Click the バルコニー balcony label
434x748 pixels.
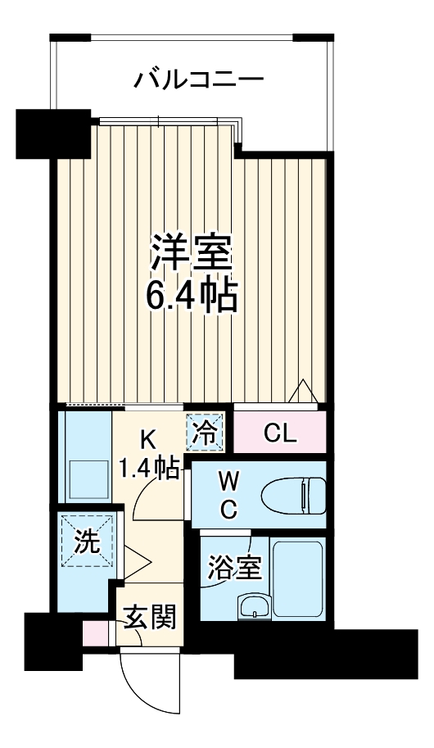coord(199,80)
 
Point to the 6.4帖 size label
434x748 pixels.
coord(192,296)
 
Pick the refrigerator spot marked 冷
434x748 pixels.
coord(205,433)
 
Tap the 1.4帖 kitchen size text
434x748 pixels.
coord(149,469)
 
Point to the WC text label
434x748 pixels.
coord(228,493)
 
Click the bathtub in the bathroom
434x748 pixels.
coord(297,578)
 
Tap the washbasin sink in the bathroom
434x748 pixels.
coord(253,607)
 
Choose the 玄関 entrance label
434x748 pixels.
coord(150,616)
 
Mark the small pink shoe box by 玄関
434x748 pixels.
coord(95,633)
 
